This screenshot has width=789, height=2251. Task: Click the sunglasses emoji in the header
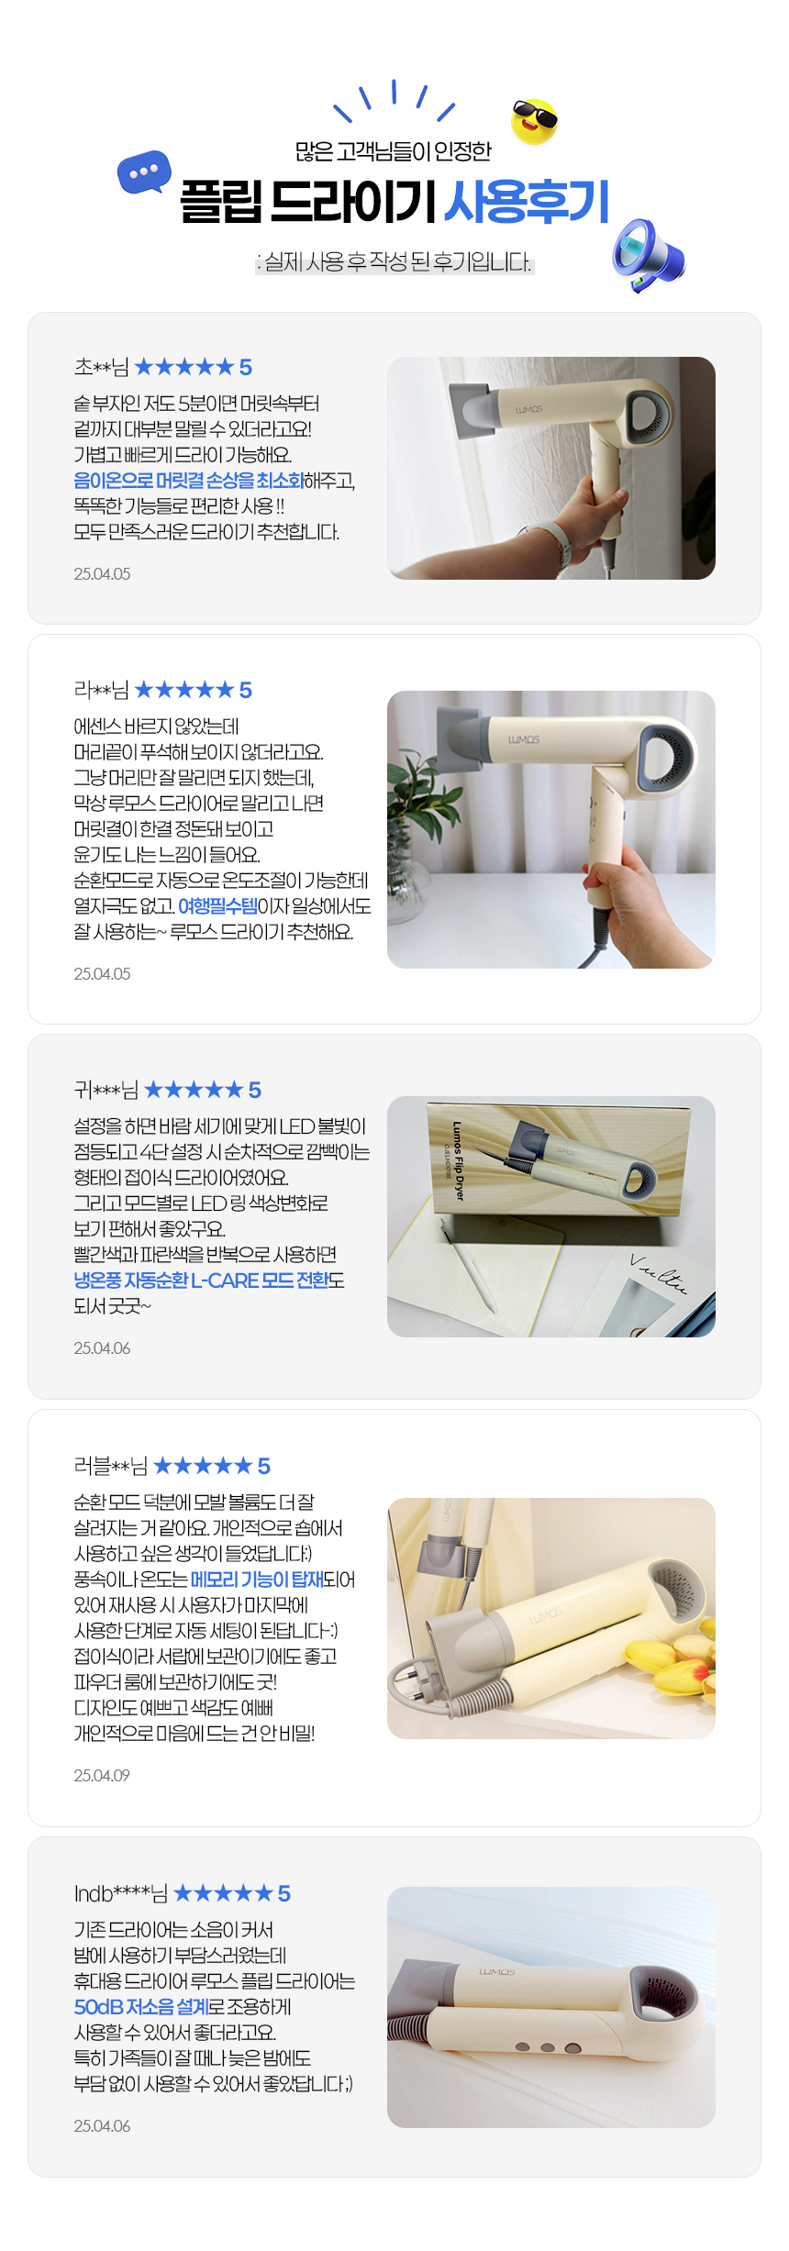pyautogui.click(x=534, y=121)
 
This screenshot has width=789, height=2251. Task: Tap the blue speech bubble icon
pyautogui.click(x=144, y=172)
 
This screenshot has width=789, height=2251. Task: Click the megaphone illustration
pyautogui.click(x=647, y=255)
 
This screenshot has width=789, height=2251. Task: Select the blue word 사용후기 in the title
pyautogui.click(x=527, y=201)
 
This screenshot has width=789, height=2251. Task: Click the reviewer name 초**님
pyautogui.click(x=101, y=367)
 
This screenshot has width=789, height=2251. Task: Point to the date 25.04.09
pyautogui.click(x=102, y=1775)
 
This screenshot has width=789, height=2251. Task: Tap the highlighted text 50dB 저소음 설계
pyautogui.click(x=140, y=2007)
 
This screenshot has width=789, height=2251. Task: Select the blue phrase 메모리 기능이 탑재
pyautogui.click(x=257, y=1580)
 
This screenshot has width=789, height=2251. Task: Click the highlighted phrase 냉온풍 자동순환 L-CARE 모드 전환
pyautogui.click(x=201, y=1281)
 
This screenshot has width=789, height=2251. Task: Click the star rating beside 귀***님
pyautogui.click(x=194, y=1090)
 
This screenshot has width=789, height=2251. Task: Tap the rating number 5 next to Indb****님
pyautogui.click(x=284, y=1893)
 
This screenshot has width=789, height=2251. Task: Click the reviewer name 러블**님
pyautogui.click(x=110, y=1466)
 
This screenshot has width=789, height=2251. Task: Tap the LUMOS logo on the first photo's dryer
pyautogui.click(x=528, y=409)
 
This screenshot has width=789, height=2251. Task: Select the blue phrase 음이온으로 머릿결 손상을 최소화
pyautogui.click(x=189, y=481)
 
